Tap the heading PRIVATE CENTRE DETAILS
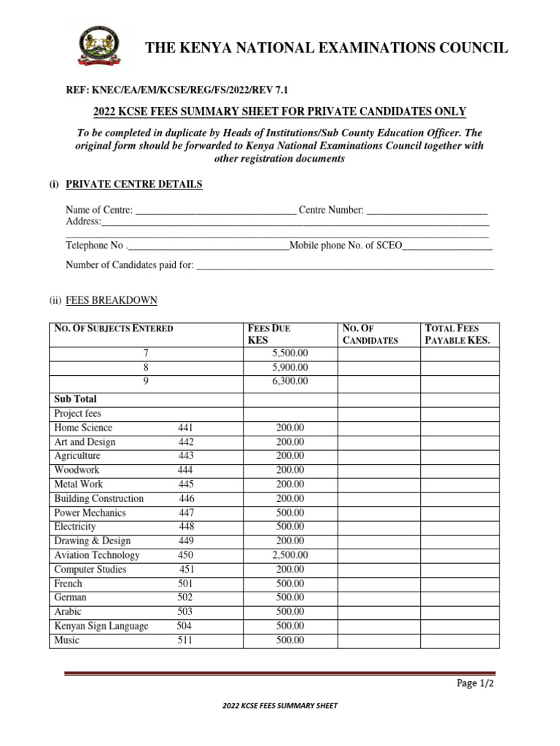click(134, 184)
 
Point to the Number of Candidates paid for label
click(130, 265)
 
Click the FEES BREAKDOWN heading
click(111, 300)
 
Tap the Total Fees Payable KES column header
click(458, 334)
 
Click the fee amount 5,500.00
click(289, 353)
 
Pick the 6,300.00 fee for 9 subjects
click(289, 381)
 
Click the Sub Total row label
click(75, 399)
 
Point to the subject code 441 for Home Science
click(186, 428)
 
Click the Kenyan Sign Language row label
click(101, 626)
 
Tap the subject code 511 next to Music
click(186, 640)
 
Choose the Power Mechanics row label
click(90, 513)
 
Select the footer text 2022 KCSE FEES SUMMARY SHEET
click(279, 706)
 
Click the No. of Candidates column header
click(370, 334)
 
